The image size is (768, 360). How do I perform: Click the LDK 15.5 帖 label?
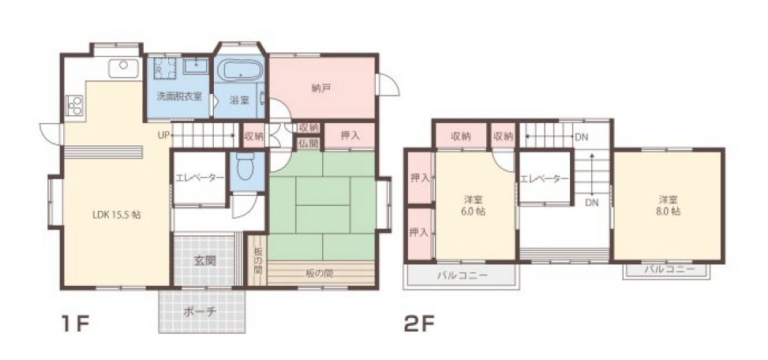pyautogui.click(x=116, y=214)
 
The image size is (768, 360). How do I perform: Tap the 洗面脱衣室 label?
pyautogui.click(x=178, y=96)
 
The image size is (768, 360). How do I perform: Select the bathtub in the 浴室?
pyautogui.click(x=240, y=72)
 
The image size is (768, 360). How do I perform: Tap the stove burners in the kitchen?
pyautogui.click(x=75, y=105)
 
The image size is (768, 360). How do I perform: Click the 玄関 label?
pyautogui.click(x=205, y=260)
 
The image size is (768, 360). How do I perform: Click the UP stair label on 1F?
pyautogui.click(x=163, y=135)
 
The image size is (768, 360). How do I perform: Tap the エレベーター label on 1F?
pyautogui.click(x=200, y=178)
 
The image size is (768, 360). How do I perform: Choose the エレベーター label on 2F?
pyautogui.click(x=544, y=179)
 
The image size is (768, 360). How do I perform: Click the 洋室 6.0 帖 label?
pyautogui.click(x=474, y=204)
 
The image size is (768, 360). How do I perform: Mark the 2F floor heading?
pyautogui.click(x=420, y=324)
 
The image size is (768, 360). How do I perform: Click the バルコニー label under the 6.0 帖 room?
pyautogui.click(x=462, y=276)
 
